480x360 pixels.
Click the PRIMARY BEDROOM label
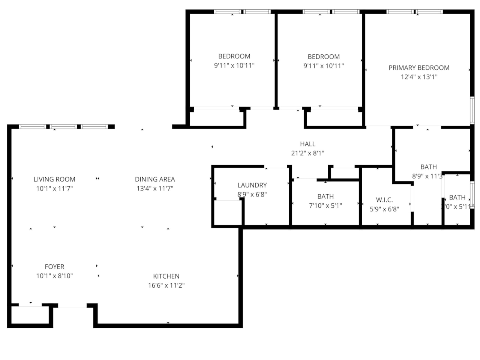tap(419, 68)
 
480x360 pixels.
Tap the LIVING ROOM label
tap(54, 179)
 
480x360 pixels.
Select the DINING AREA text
tap(155, 179)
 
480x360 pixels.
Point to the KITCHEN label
tap(166, 276)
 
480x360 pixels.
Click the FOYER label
tap(54, 267)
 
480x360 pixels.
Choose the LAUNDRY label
tap(252, 185)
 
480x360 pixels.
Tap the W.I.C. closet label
tap(384, 200)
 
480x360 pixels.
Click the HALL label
tap(307, 144)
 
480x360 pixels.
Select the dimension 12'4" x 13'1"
tap(419, 77)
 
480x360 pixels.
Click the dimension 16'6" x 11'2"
tap(166, 285)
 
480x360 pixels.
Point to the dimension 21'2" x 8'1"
tap(307, 153)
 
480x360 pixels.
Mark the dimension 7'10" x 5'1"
tap(325, 205)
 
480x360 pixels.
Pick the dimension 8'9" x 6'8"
tap(252, 194)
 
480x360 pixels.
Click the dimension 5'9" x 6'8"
tap(384, 209)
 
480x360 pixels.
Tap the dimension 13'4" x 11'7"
tap(155, 189)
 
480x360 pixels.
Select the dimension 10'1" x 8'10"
tap(54, 276)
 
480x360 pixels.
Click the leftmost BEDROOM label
tap(234, 56)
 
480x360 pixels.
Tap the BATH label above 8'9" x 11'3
tap(429, 167)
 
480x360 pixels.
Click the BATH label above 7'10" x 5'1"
tap(325, 196)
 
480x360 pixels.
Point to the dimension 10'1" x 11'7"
tap(54, 189)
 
